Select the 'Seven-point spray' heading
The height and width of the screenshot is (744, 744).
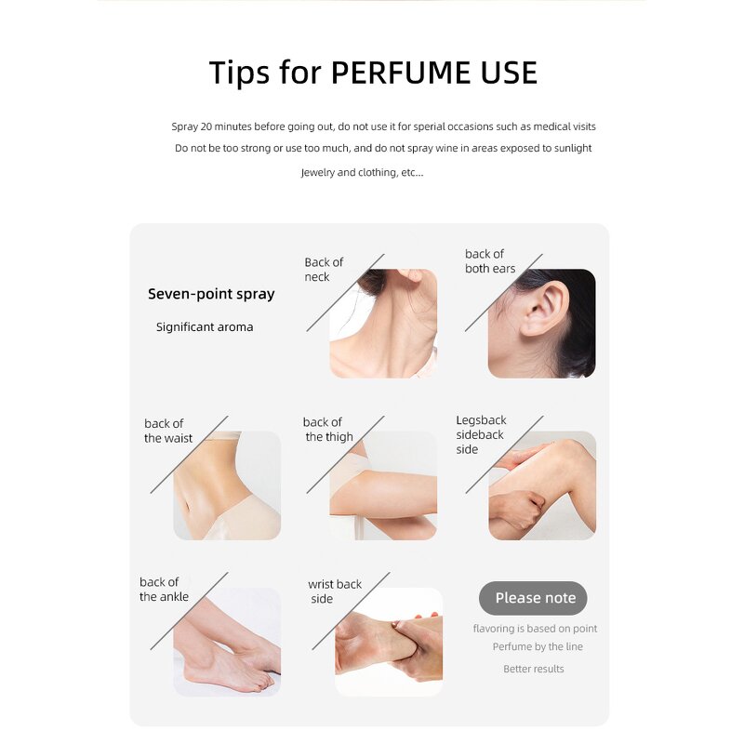pos(211,294)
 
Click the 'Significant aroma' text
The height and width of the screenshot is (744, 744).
pos(205,327)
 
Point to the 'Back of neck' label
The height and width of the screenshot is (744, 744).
pos(324,270)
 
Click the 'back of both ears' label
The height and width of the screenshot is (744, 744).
pos(490,261)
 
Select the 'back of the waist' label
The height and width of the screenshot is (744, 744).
pos(168,431)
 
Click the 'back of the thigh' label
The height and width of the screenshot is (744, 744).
pos(328,430)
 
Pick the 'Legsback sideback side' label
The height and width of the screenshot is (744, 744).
pos(481,434)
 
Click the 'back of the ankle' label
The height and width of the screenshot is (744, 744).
pos(164,590)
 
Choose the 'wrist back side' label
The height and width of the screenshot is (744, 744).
pos(335,591)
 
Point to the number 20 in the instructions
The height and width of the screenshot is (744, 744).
pos(206,126)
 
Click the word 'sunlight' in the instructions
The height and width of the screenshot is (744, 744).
pos(573,148)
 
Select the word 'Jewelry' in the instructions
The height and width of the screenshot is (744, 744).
pos(317,172)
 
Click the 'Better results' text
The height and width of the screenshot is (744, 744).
pos(533,669)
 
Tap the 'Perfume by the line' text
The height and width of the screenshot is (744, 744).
pos(538,646)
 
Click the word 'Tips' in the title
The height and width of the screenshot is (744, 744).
pos(239,73)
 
